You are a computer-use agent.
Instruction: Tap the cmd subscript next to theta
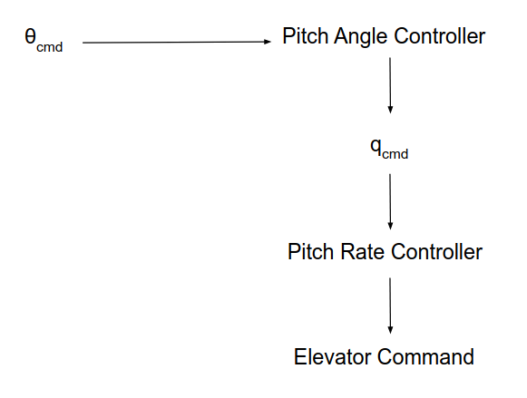[x=49, y=46]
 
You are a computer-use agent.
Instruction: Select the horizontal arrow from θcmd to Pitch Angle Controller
[x=172, y=42]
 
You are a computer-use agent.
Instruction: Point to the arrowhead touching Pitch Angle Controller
[x=268, y=42]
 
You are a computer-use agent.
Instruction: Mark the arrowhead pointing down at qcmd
[x=390, y=109]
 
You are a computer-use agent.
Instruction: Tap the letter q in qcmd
[x=376, y=147]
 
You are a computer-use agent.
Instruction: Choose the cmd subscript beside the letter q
[x=395, y=154]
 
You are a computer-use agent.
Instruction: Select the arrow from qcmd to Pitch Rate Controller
[x=390, y=199]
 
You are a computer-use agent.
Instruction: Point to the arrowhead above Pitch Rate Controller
[x=390, y=225]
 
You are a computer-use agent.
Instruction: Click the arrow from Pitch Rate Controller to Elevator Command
[x=390, y=304]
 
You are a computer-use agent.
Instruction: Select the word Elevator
[x=332, y=356]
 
